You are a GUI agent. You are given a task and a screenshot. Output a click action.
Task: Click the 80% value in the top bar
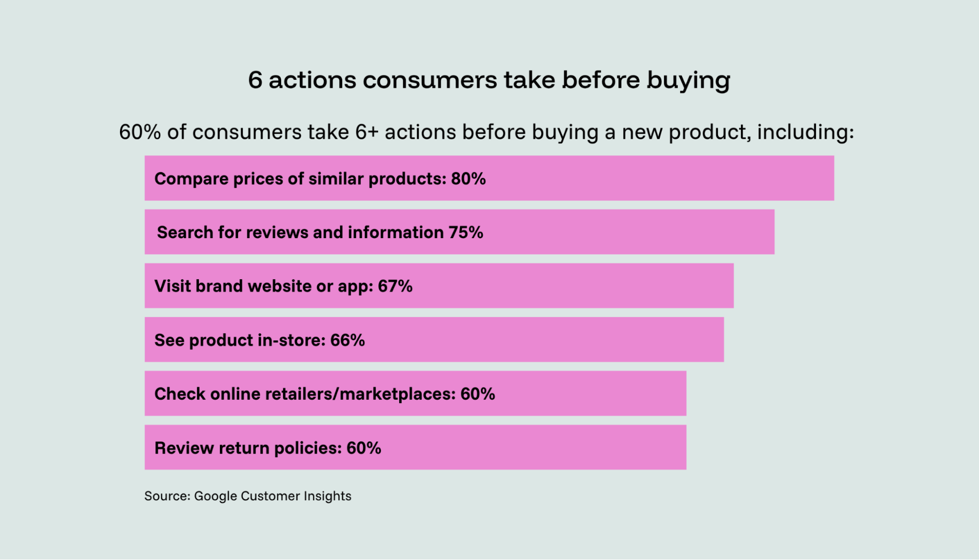point(468,179)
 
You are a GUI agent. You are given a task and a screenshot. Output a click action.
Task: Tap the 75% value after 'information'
point(466,232)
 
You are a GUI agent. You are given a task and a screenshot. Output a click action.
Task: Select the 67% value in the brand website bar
point(395,286)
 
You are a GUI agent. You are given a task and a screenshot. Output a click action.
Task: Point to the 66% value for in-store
point(347,340)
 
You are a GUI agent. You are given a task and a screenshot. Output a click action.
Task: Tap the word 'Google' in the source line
point(215,496)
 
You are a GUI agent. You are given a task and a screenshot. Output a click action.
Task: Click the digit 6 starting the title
point(255,80)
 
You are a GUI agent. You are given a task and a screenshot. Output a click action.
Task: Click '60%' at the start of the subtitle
point(140,132)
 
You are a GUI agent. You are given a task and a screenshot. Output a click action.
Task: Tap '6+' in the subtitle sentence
point(367,132)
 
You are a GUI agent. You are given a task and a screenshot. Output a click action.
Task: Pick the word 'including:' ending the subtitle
point(806,132)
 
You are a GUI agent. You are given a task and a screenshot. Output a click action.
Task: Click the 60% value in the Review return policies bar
point(363,448)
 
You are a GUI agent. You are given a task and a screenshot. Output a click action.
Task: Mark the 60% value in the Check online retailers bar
point(478,394)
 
